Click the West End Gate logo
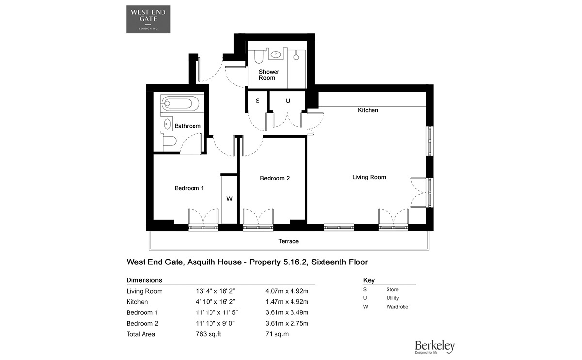tap(148, 19)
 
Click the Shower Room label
tap(269, 75)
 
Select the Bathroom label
tap(187, 126)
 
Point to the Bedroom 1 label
tap(189, 188)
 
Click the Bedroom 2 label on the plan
tap(275, 178)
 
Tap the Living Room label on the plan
tap(369, 177)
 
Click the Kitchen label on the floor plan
tap(368, 110)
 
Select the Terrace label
tap(289, 241)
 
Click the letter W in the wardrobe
tap(229, 199)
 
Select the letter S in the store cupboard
tap(258, 101)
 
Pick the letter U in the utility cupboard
tap(288, 101)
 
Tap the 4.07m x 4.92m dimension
tap(287, 291)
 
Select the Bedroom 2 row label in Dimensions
tap(143, 323)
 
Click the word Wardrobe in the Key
tap(397, 307)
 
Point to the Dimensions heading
tap(144, 280)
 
